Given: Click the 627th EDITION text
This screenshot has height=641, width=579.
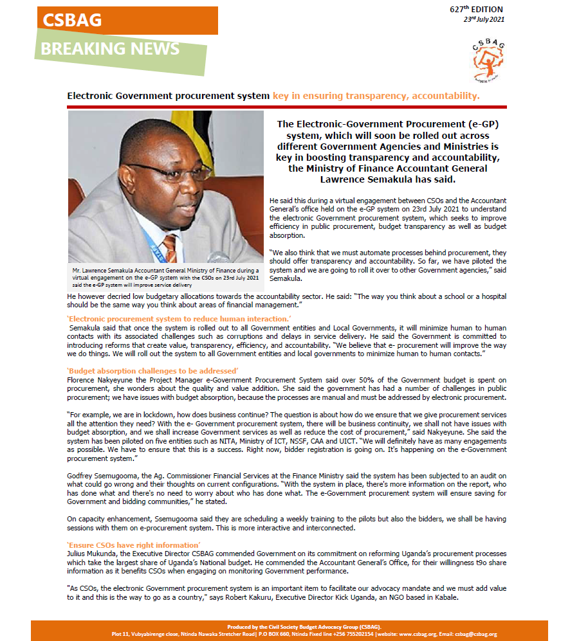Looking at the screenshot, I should tap(476, 9).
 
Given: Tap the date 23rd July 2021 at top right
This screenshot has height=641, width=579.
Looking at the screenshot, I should tap(484, 19).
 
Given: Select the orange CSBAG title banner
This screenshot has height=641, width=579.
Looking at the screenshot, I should tap(126, 20).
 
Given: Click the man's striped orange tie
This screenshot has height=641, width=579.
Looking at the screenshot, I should tap(170, 248).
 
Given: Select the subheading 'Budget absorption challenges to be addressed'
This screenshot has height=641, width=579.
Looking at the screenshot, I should tap(152, 371).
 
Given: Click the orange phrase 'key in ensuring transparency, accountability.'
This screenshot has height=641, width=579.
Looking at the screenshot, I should tap(376, 96).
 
